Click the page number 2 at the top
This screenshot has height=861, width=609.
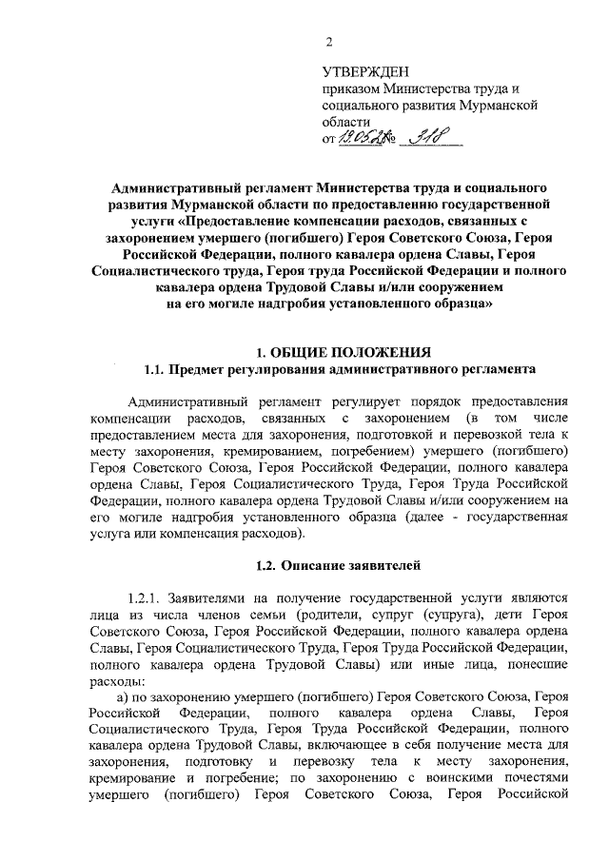328,41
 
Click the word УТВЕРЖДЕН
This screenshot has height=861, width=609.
365,71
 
